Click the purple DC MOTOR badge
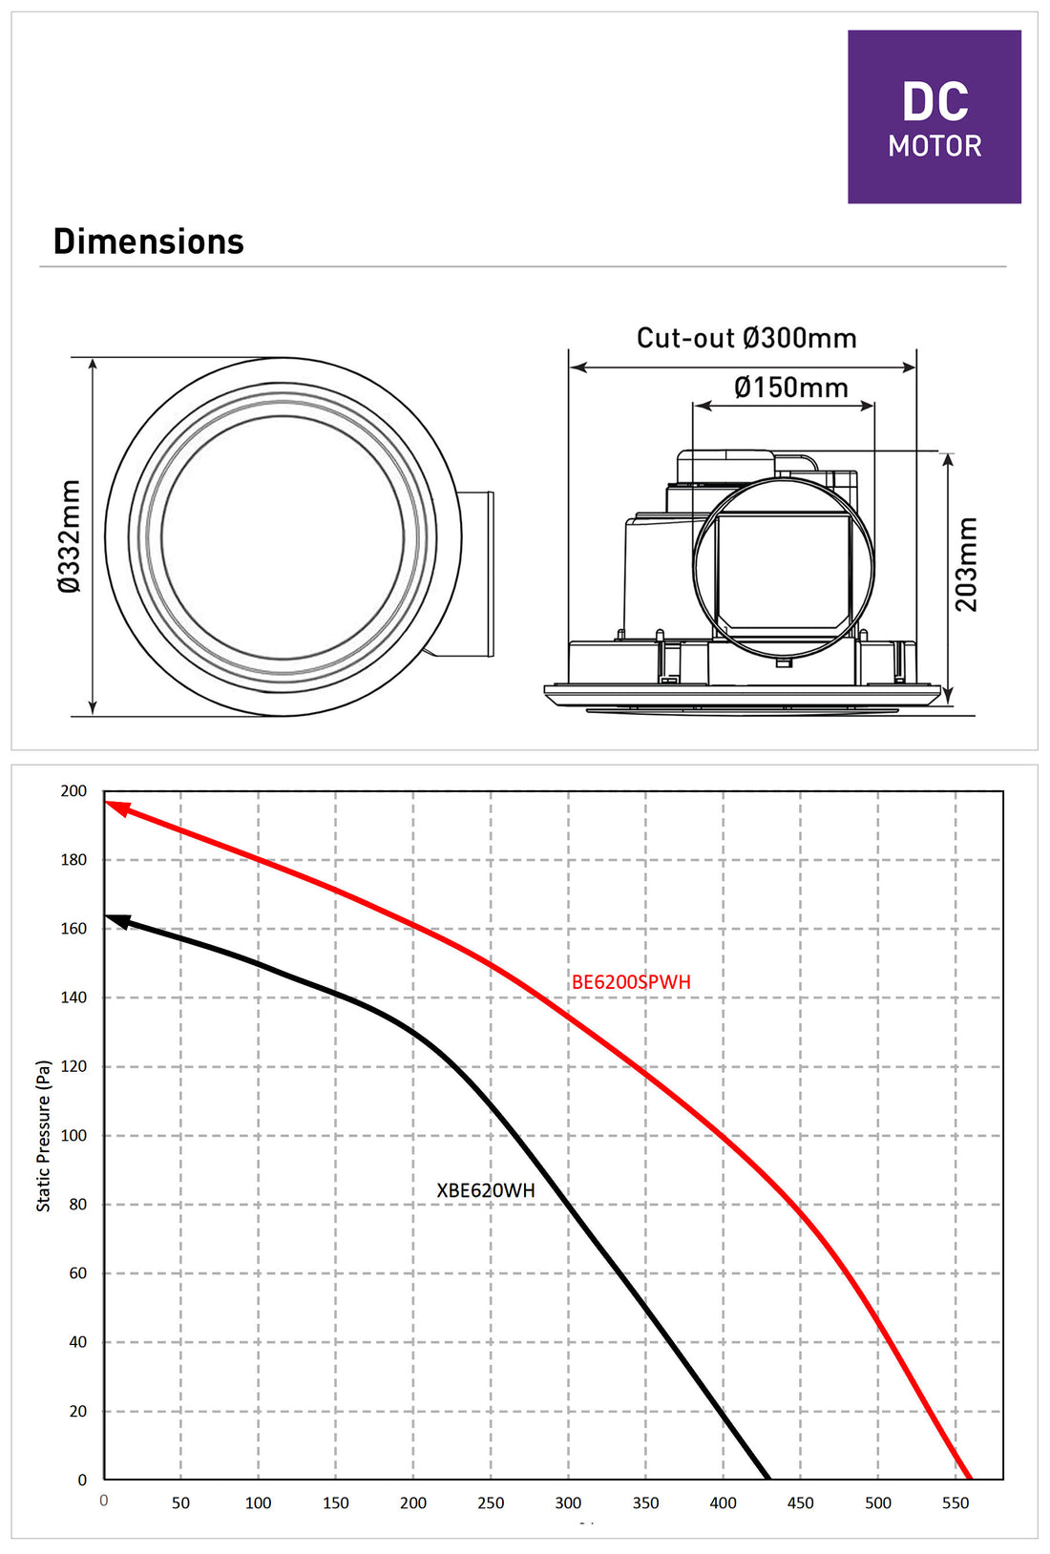[x=934, y=116]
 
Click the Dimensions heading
[x=148, y=241]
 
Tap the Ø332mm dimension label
[x=70, y=536]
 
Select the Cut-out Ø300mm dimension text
[x=746, y=338]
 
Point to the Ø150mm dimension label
[x=790, y=388]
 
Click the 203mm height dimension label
[x=965, y=564]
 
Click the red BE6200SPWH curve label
[x=631, y=981]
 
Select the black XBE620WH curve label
[x=486, y=1190]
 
